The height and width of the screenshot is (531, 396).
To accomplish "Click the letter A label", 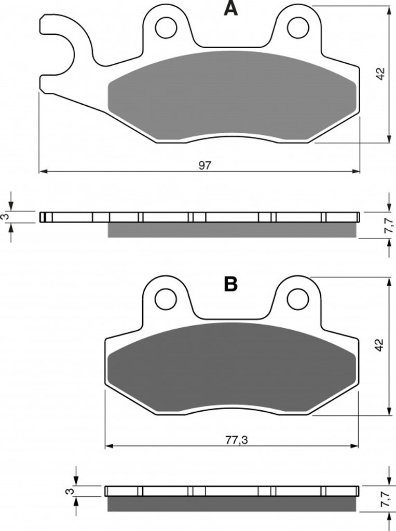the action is pos(231,8).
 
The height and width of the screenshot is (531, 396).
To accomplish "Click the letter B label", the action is pos(231,284).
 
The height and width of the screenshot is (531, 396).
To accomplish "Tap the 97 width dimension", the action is pos(205,165).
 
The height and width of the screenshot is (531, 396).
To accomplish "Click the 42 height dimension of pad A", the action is pos(381,74).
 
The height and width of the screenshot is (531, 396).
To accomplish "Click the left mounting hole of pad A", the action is pos(167,27).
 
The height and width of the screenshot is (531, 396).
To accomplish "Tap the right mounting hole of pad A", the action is pos(298,27).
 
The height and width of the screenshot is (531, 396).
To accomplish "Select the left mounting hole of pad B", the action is pos(166,299).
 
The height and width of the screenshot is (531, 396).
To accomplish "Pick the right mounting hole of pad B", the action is pos(298,299).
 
